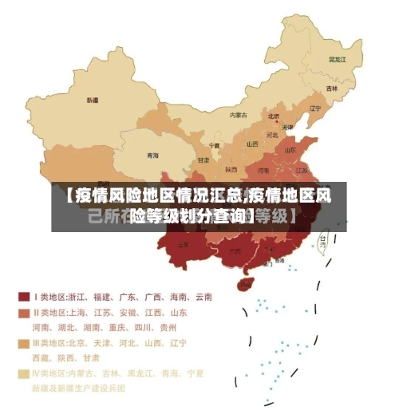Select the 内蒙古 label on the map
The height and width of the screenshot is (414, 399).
tap(239, 115)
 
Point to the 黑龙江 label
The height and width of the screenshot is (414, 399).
tap(338, 59)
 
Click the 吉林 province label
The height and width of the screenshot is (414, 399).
tap(332, 89)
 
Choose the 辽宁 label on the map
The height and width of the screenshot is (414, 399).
tap(314, 108)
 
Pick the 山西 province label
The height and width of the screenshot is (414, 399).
tap(252, 144)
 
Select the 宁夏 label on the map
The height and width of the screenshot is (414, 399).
tap(214, 147)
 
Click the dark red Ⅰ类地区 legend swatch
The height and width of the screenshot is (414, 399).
tap(24, 297)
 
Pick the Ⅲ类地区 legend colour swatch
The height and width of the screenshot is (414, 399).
tap(24, 343)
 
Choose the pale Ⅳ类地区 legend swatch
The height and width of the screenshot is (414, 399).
tap(24, 373)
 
